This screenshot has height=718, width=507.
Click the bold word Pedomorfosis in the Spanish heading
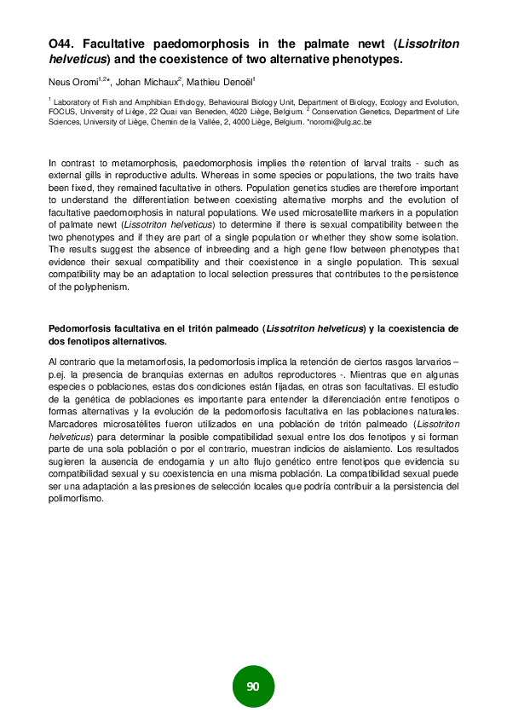pyautogui.click(x=78, y=328)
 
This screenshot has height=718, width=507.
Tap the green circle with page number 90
pyautogui.click(x=253, y=687)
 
